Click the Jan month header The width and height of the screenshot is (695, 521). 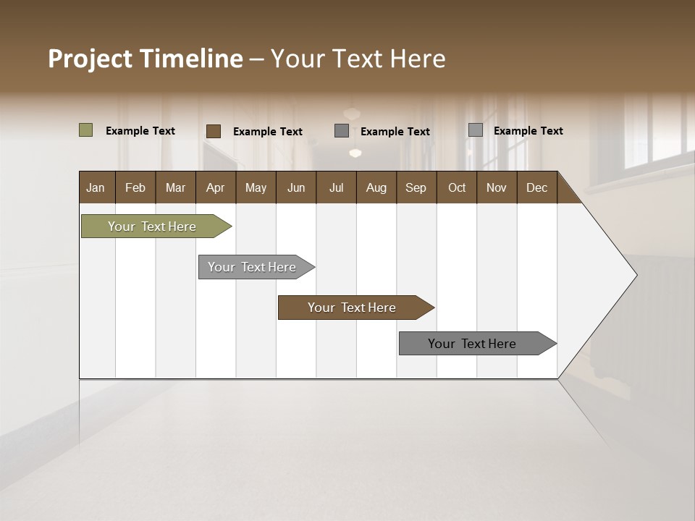click(x=96, y=187)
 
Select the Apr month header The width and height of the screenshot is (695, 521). click(x=215, y=187)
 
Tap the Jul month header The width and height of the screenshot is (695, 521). click(x=336, y=187)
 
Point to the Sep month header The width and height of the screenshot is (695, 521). click(x=416, y=187)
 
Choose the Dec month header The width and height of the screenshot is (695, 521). click(x=536, y=187)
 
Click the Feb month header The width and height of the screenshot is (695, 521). click(x=135, y=187)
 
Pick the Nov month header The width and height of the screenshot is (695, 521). click(x=496, y=187)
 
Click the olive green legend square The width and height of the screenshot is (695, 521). click(x=85, y=130)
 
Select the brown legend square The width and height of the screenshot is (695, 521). click(x=213, y=131)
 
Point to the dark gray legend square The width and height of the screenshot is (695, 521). click(x=342, y=131)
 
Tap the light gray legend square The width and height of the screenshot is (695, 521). click(x=475, y=130)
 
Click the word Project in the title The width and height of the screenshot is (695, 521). click(x=90, y=59)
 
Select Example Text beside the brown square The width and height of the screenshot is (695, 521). click(x=267, y=132)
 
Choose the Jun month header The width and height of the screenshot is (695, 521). click(x=295, y=187)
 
